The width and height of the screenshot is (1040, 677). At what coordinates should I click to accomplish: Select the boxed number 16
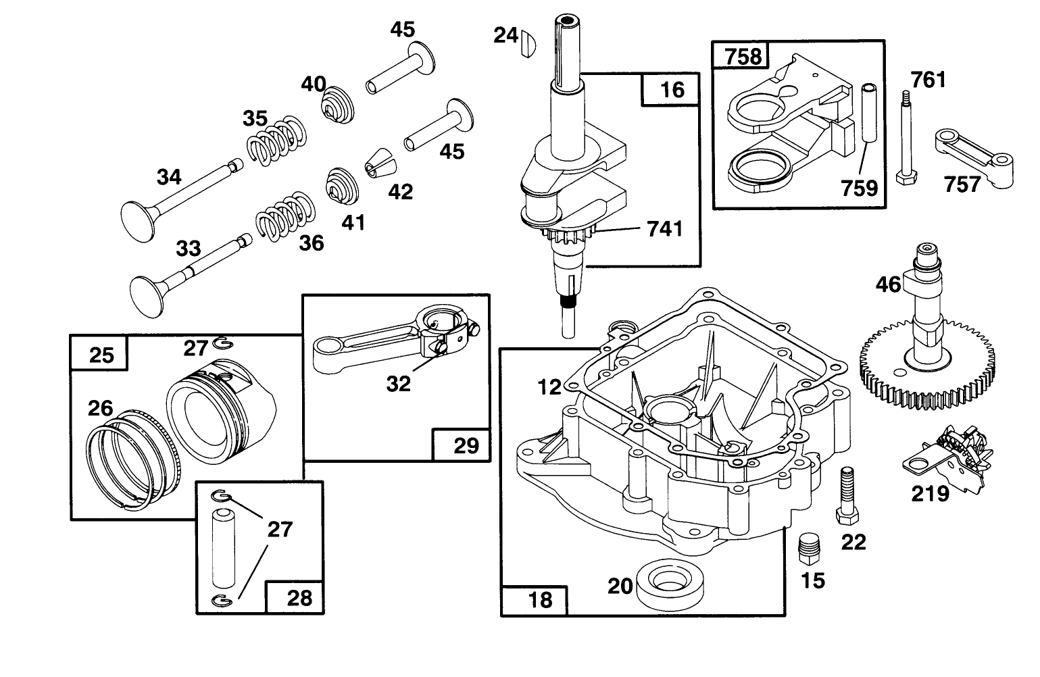tap(672, 89)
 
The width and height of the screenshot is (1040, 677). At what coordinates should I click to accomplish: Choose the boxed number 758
tap(742, 56)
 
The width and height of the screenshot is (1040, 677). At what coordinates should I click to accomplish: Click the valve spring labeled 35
tap(274, 141)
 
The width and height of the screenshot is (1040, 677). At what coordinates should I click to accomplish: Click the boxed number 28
tap(299, 597)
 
